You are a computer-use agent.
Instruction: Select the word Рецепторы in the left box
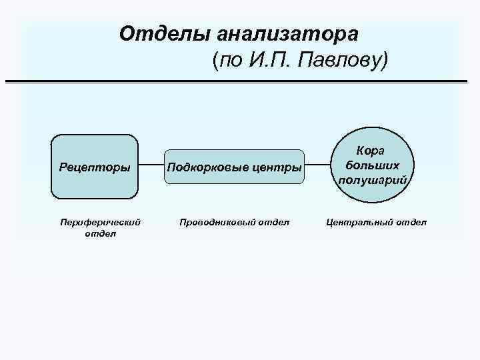94,166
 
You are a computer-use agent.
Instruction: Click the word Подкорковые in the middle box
209,166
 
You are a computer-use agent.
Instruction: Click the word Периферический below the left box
100,222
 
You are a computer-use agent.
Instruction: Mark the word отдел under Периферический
100,233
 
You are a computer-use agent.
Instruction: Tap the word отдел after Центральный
411,222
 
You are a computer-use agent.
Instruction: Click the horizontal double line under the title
240,81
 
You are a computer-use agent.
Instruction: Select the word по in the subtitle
227,61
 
